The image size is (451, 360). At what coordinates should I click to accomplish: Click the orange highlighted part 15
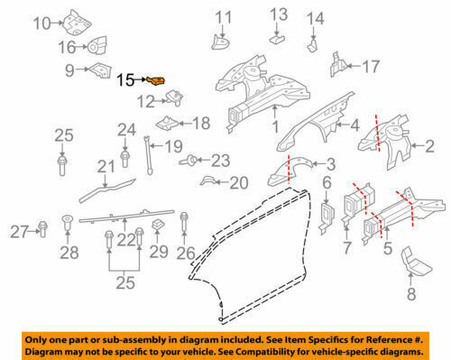pos(156,80)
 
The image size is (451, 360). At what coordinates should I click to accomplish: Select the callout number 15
pos(125,80)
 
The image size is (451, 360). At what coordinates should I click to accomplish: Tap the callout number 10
pos(41,23)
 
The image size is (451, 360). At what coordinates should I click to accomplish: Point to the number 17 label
pos(371,67)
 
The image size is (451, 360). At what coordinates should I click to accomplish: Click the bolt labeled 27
pos(42,229)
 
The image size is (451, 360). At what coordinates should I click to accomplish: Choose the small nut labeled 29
pos(158,226)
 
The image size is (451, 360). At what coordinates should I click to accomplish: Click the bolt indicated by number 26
pos(184,223)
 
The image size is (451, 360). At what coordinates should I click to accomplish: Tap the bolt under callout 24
pos(124,159)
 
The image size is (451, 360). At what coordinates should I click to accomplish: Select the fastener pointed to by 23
pos(188,161)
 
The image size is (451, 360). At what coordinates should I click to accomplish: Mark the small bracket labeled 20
pos(208,180)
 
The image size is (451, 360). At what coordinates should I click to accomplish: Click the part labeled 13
pos(277,39)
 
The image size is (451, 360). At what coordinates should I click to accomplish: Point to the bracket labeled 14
pos(312,45)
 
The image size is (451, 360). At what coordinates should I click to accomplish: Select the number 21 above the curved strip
pos(106,166)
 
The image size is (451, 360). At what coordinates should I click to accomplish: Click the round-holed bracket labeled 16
pos(97,46)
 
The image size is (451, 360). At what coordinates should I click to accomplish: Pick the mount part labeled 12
pos(174,98)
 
